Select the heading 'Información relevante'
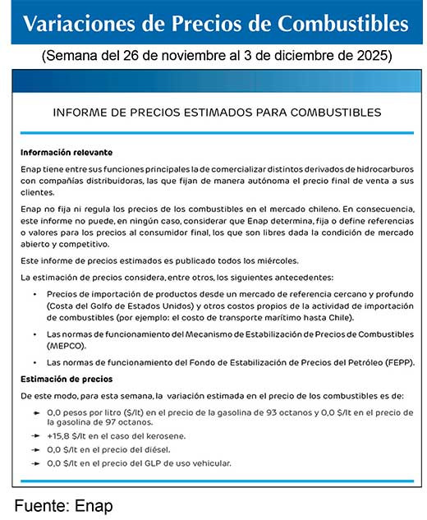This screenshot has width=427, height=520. pyautogui.click(x=67, y=153)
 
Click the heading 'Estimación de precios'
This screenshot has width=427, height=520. pyautogui.click(x=67, y=379)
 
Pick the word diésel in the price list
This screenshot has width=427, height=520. pyautogui.click(x=151, y=449)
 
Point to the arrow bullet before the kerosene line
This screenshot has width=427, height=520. pyautogui.click(x=35, y=435)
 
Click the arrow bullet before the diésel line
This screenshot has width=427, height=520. pyautogui.click(x=35, y=449)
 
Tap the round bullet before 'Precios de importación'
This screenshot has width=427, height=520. pyautogui.click(x=34, y=293)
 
